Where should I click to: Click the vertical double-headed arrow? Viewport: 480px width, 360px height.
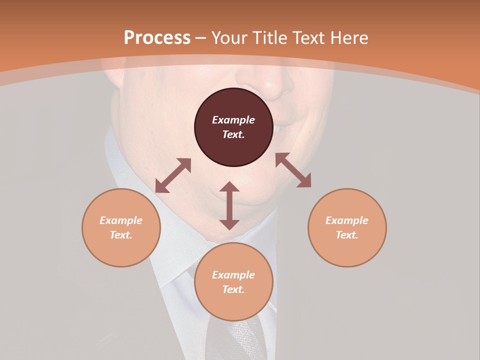(x=229, y=205)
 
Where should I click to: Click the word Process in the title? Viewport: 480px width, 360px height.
(x=157, y=38)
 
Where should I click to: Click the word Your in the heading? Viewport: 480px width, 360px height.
(x=229, y=38)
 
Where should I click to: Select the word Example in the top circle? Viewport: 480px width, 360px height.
(x=233, y=120)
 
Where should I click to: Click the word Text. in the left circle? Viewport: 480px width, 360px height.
(x=121, y=235)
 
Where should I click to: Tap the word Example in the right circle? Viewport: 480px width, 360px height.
(x=347, y=220)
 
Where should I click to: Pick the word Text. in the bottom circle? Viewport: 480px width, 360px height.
(x=233, y=289)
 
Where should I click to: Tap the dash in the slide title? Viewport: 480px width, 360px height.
(x=201, y=38)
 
